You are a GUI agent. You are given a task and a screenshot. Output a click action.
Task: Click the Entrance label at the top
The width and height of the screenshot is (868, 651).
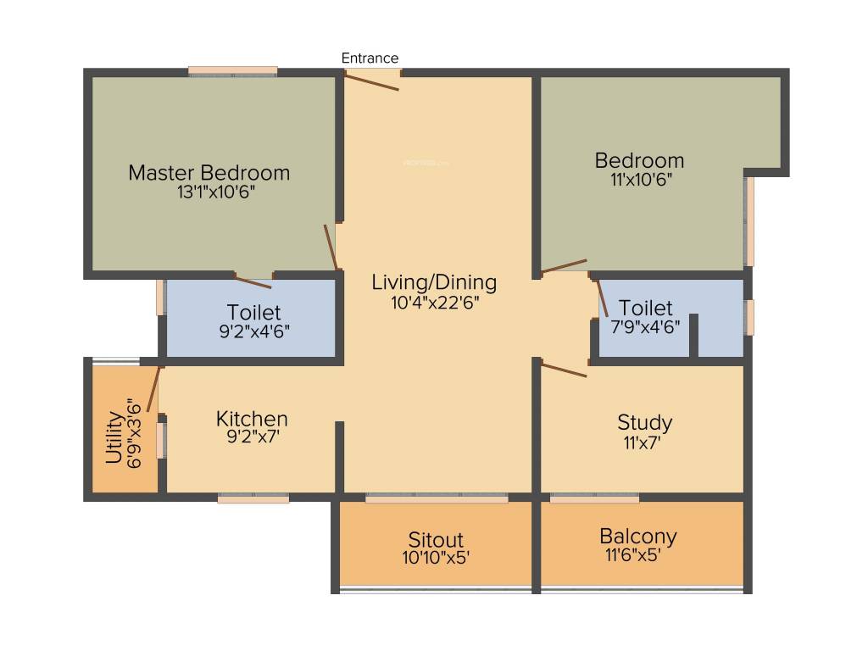[x=370, y=58]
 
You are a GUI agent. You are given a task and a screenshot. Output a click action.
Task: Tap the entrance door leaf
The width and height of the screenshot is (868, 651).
[x=371, y=81]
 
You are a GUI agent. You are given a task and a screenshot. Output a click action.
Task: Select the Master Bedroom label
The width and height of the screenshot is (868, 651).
[x=209, y=173]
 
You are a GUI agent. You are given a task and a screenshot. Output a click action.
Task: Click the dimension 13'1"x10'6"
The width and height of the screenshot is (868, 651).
[x=209, y=192]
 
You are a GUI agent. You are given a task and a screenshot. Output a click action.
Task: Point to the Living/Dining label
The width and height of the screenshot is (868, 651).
[x=434, y=282]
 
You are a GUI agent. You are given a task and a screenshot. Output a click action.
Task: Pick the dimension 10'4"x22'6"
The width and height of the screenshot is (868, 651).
[x=434, y=302]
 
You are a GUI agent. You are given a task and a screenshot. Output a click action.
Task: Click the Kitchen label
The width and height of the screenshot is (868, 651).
[x=252, y=419]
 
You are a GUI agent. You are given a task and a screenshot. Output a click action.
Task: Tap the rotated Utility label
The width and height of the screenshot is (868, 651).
[x=113, y=437]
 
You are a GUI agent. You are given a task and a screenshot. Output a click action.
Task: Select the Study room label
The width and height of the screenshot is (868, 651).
[x=644, y=422]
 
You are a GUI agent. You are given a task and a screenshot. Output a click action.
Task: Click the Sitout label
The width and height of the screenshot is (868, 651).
[x=436, y=540]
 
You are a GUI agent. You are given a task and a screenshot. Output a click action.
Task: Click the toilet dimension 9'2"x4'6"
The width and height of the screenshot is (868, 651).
[x=253, y=331]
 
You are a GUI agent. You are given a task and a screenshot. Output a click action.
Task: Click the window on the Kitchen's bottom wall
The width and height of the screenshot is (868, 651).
[x=253, y=499]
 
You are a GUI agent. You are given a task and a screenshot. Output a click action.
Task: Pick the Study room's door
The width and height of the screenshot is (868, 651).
[x=564, y=370]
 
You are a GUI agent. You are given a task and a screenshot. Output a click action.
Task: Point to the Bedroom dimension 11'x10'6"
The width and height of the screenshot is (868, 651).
[x=639, y=180]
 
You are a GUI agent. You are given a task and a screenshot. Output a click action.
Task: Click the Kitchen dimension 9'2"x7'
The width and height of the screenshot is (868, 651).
[x=252, y=438]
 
